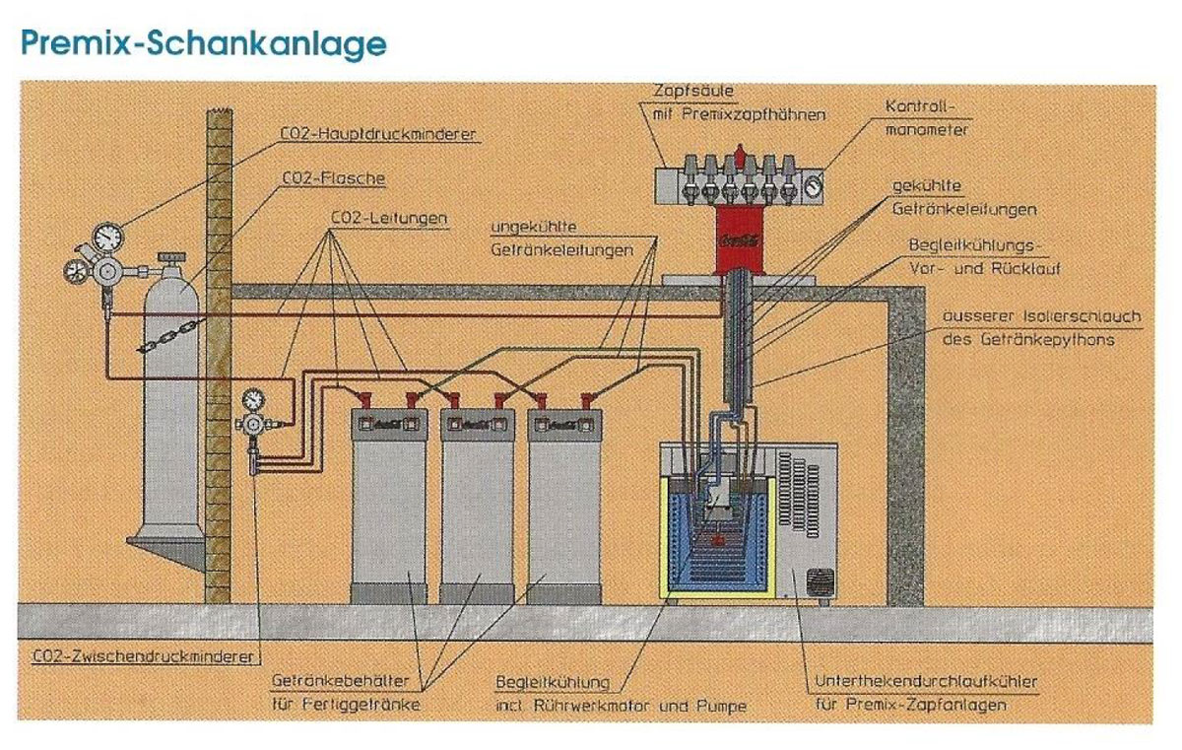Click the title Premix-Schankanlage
coord(202,43)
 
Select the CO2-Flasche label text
coord(333,178)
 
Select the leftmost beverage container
coord(389,503)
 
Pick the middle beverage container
coord(477,503)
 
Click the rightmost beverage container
coord(564,503)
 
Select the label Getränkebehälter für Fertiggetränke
coord(348,692)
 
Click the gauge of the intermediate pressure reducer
coord(254,399)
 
